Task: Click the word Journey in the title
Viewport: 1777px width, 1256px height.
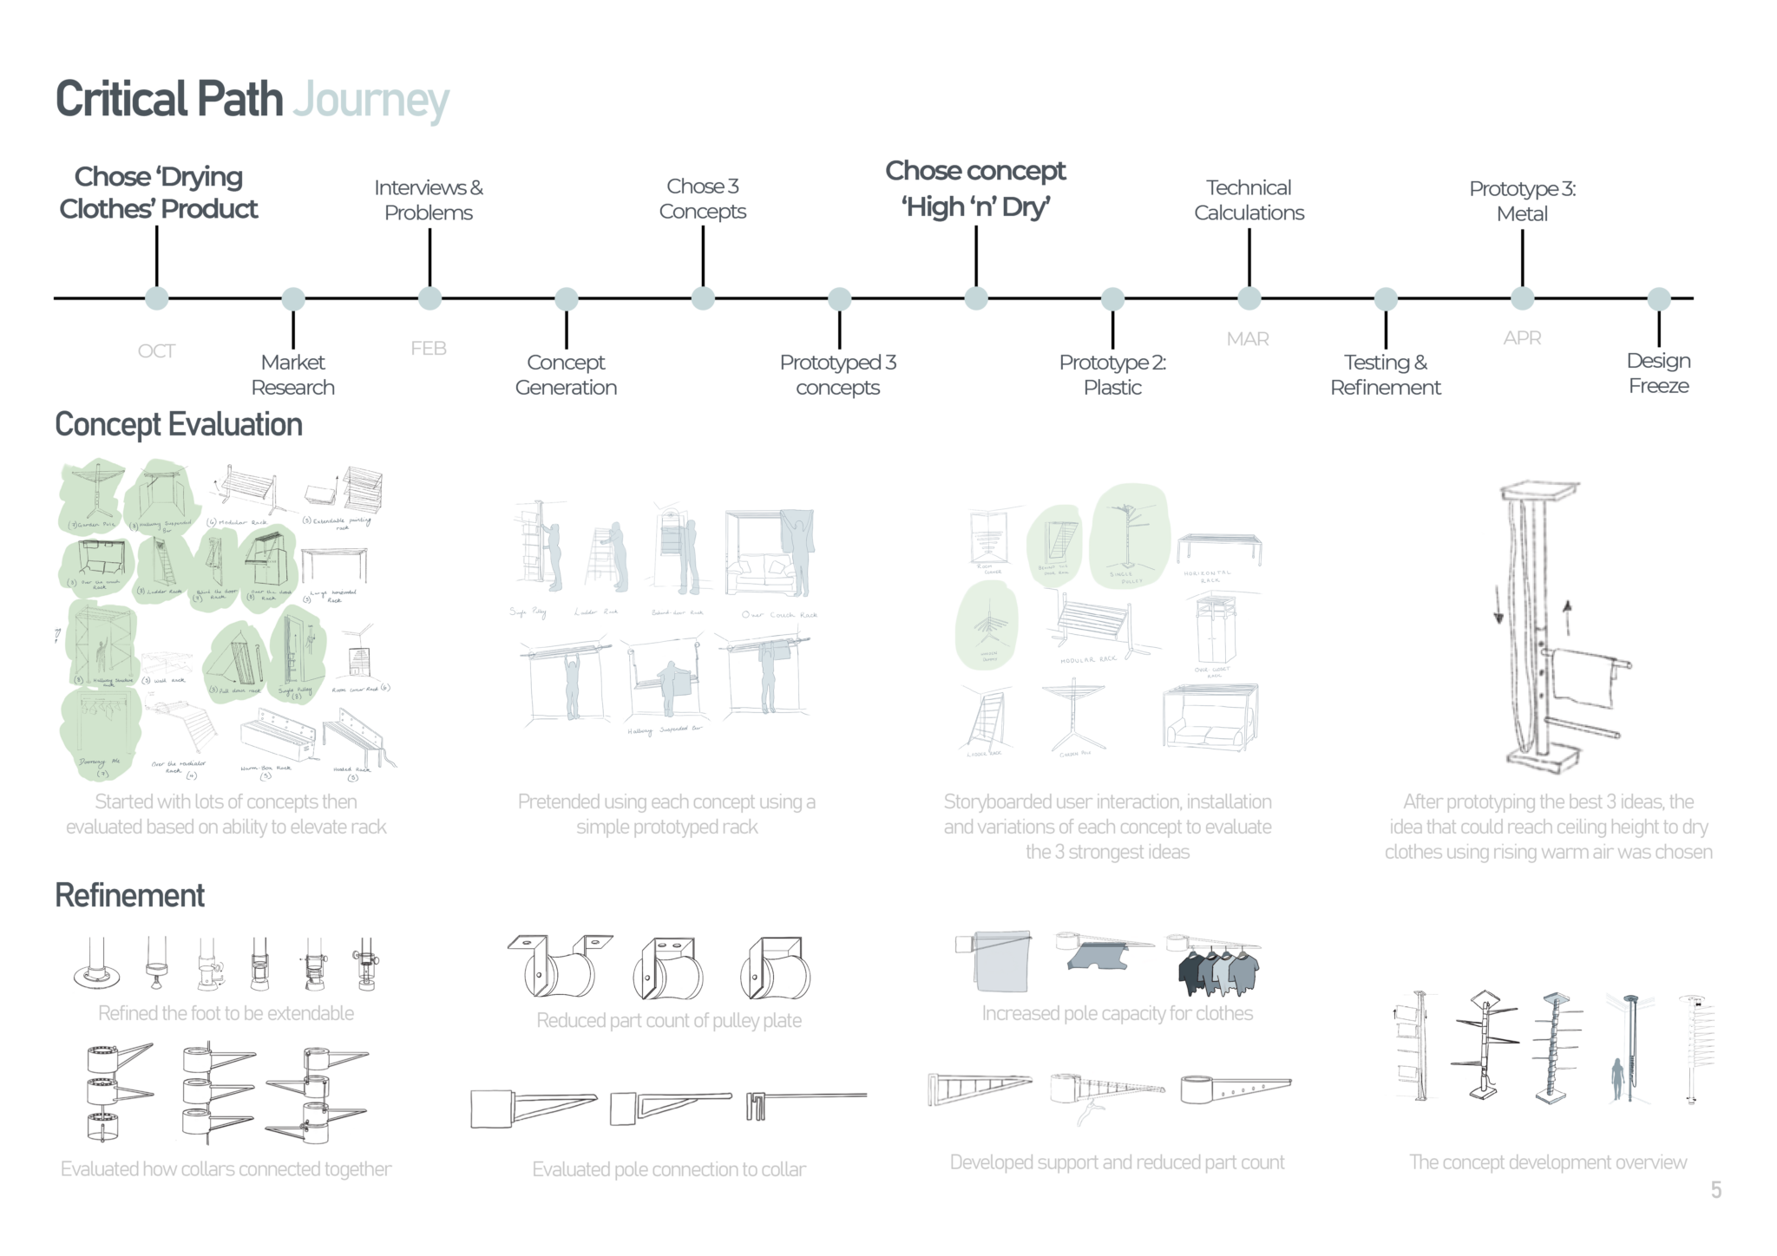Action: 370,101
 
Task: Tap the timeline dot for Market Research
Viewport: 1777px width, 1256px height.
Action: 293,298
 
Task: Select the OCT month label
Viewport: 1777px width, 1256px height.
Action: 156,351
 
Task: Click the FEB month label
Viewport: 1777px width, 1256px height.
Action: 429,349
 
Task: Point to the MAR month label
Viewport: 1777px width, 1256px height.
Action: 1248,339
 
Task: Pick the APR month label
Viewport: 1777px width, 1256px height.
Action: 1522,338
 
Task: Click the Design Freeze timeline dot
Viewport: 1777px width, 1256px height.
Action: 1658,298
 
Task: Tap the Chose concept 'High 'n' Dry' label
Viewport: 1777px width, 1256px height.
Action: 975,189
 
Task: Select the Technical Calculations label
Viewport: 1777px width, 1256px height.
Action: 1249,200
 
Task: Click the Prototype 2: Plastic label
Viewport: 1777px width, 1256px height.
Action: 1112,375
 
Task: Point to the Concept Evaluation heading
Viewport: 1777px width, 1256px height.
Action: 179,425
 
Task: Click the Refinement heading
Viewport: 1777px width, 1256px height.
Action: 130,895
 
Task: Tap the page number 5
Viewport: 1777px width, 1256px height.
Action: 1715,1190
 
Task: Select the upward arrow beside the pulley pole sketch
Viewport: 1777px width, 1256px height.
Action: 1567,617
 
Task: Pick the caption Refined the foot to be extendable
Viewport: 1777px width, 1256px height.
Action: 226,1013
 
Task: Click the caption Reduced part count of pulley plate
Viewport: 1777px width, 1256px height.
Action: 668,1020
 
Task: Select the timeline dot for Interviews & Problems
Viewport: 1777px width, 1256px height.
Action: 429,298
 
